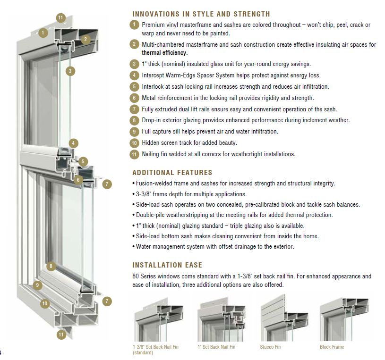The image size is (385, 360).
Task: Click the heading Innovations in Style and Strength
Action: tap(201, 14)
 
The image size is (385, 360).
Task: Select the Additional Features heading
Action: tap(172, 173)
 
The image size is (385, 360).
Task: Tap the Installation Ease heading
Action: tap(168, 265)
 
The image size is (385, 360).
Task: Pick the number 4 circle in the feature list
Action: tap(135, 75)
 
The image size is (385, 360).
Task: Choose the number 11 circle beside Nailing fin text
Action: tap(135, 154)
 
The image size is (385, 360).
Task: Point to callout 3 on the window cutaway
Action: tap(70, 71)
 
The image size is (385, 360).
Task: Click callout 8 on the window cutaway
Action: tap(51, 266)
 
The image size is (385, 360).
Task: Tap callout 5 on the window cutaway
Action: tap(83, 162)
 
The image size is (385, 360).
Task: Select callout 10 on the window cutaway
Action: tap(44, 303)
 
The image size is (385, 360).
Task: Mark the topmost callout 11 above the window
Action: tap(60, 18)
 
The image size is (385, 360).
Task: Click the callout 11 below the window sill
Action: tap(60, 335)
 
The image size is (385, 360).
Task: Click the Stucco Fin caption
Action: tap(270, 347)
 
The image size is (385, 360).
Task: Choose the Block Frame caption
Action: tap(332, 347)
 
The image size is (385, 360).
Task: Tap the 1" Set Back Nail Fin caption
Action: tap(216, 347)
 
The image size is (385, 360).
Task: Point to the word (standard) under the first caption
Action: tap(143, 353)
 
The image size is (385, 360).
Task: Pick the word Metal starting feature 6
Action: tap(149, 98)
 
